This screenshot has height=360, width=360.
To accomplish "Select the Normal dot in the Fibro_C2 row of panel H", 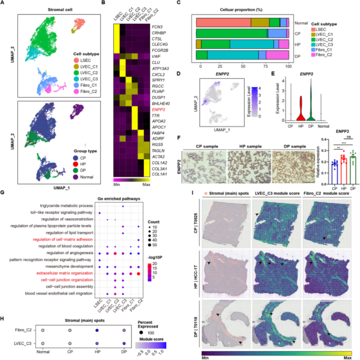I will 42,331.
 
